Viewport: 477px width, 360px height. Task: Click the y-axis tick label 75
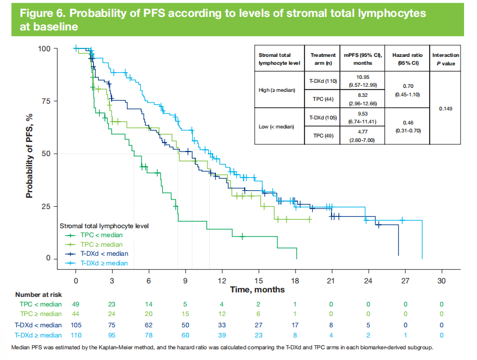click(50, 101)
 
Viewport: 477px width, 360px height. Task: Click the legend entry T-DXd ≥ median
click(104, 263)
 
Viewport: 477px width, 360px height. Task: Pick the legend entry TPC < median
click(101, 235)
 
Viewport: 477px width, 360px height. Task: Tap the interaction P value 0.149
click(445, 109)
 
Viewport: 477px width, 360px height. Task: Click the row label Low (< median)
click(277, 127)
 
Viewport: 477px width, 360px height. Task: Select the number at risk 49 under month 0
click(76, 304)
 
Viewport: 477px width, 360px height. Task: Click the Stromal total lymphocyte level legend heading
click(104, 225)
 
